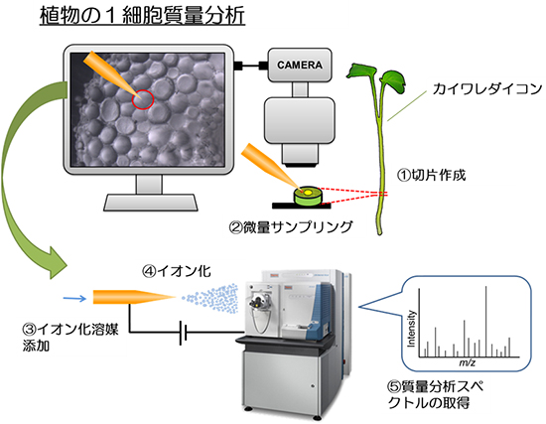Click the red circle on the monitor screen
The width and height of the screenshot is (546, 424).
(144, 99)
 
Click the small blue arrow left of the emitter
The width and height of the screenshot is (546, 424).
(72, 296)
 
